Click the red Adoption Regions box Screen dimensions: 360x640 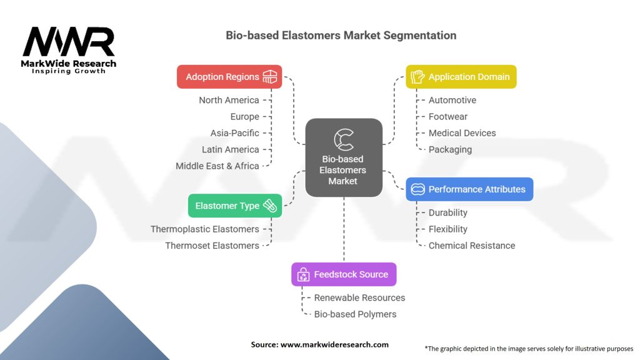point(229,77)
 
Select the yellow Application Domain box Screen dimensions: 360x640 point(461,77)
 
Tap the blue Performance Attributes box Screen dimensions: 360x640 point(469,189)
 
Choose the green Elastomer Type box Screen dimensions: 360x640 point(235,206)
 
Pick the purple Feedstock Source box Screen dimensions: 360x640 point(344,274)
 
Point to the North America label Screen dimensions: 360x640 point(229,100)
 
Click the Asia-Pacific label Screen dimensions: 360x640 point(234,133)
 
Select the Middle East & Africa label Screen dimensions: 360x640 point(217,166)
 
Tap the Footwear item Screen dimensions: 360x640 point(447,116)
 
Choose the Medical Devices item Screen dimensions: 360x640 point(462,133)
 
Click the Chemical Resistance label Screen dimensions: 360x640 point(472,246)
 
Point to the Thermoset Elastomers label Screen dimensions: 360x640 point(212,246)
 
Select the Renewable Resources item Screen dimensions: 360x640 point(359,297)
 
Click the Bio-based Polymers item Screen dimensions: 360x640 point(355,314)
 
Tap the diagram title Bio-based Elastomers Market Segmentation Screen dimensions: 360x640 point(341,36)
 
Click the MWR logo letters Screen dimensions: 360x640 point(69,42)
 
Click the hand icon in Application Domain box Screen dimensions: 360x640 point(417,77)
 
